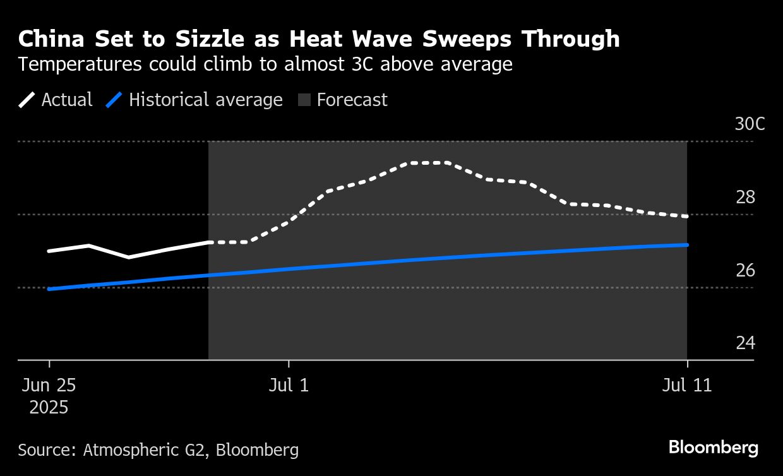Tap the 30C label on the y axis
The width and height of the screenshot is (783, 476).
750,124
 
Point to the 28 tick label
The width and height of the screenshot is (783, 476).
745,198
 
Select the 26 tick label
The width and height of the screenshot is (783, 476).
745,270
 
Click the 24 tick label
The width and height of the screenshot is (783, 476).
745,343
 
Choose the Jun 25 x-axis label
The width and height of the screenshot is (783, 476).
49,385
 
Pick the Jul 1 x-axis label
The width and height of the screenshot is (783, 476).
289,385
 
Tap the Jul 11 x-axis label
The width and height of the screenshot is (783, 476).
687,385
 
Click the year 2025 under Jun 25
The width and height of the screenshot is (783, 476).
49,407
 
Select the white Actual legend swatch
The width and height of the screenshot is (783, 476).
27,100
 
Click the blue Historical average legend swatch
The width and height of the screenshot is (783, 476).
114,100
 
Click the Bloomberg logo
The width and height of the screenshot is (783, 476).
713,448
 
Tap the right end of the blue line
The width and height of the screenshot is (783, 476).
686,244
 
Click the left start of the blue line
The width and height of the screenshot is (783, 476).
49,289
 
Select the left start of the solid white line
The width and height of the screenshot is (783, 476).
49,251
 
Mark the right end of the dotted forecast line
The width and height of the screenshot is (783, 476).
686,217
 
